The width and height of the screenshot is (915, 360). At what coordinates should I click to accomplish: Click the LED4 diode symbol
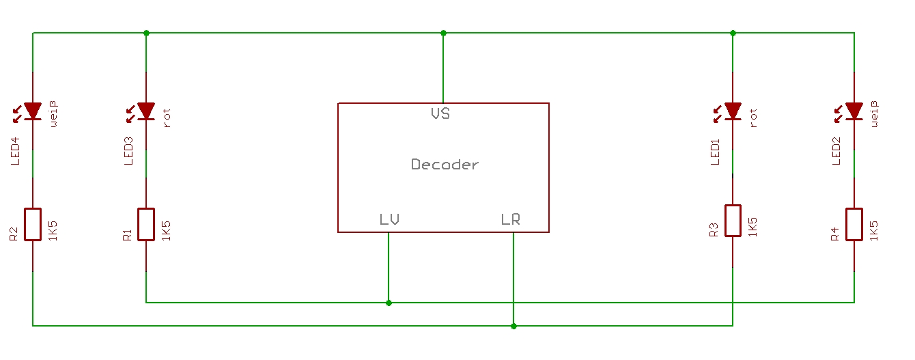click(x=33, y=111)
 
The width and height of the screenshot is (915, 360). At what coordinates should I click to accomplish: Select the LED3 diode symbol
click(x=146, y=111)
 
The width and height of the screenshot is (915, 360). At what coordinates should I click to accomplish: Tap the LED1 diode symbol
click(x=733, y=111)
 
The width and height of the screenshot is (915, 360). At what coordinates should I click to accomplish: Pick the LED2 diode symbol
click(x=854, y=111)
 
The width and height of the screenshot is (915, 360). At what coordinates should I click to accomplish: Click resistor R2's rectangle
click(x=33, y=224)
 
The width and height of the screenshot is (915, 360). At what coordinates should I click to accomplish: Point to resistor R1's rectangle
click(x=146, y=224)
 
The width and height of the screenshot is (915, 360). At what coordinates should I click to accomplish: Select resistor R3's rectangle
click(x=733, y=221)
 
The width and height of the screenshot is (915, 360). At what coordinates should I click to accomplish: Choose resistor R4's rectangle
click(x=854, y=224)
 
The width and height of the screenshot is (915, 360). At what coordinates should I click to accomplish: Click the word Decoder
click(x=445, y=165)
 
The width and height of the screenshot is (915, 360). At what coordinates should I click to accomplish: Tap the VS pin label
click(x=440, y=113)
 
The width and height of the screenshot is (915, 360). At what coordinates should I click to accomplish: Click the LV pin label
click(x=389, y=219)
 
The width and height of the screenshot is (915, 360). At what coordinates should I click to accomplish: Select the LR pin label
click(x=510, y=219)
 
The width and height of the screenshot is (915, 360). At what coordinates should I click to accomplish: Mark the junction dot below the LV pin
click(x=389, y=303)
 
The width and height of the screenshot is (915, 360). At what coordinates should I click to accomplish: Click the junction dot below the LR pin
click(x=513, y=326)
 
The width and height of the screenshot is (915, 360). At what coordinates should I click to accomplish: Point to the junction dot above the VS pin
click(x=443, y=33)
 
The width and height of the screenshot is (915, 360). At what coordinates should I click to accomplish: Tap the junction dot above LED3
click(x=146, y=33)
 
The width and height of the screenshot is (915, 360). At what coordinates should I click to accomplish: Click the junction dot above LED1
click(x=733, y=33)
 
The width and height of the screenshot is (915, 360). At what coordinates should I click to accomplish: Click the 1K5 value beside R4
click(x=874, y=229)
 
